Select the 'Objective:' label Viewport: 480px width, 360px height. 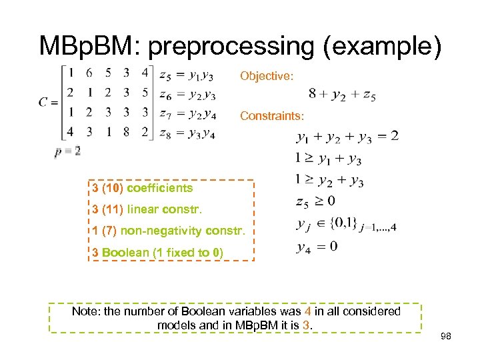(266, 76)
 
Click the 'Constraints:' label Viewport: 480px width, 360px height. (272, 116)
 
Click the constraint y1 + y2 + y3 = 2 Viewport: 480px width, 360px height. (347, 137)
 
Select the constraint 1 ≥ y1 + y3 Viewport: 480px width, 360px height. (328, 159)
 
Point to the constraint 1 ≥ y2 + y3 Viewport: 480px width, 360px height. (329, 181)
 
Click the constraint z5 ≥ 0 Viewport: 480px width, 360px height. (315, 201)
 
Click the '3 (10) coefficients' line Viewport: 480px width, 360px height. (143, 188)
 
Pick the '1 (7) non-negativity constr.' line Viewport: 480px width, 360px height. (169, 231)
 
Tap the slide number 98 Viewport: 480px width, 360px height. (445, 337)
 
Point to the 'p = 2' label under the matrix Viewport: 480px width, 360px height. (67, 151)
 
